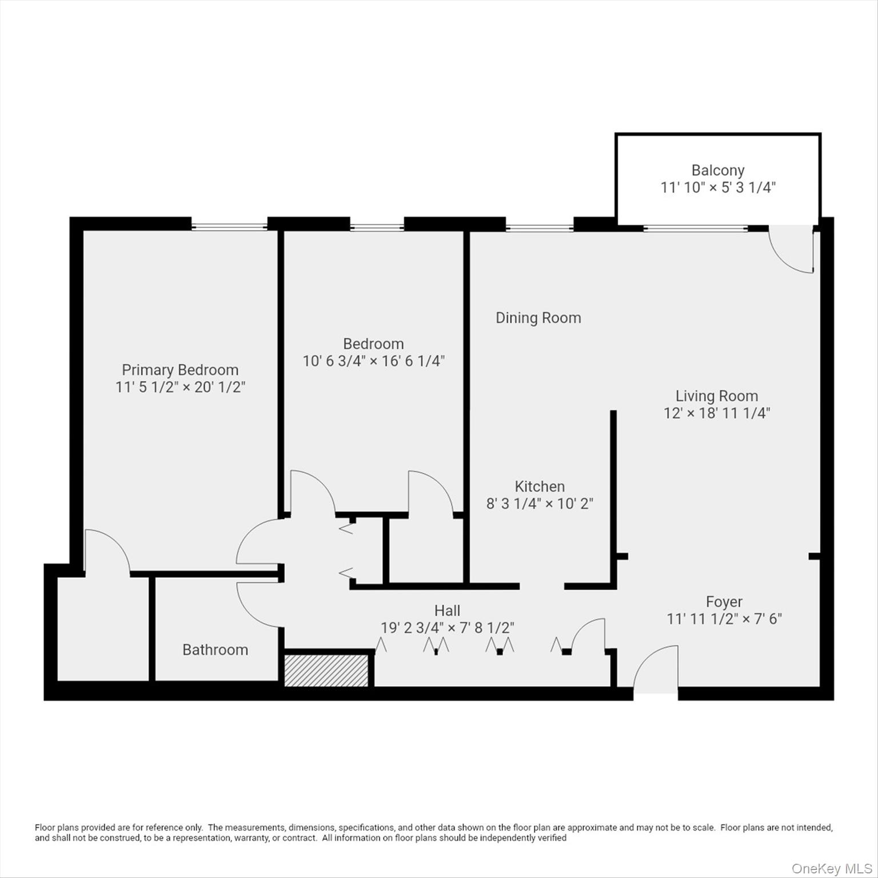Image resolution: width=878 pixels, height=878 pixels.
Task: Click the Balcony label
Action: [717, 170]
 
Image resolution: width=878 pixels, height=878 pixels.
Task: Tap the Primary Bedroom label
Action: [180, 370]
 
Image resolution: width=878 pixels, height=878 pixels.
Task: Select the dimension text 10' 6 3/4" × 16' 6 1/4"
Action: [373, 361]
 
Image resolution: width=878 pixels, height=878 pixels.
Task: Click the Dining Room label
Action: [538, 318]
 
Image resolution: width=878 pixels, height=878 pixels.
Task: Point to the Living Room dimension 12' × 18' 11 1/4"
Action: [717, 413]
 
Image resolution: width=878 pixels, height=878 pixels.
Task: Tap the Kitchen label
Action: [540, 486]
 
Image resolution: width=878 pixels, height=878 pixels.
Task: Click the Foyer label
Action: [724, 602]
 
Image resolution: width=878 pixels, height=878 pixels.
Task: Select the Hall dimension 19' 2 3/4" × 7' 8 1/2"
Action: [447, 628]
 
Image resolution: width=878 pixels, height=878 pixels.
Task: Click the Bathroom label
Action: [215, 650]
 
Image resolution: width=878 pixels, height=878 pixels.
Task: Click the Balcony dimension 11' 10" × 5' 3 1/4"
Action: [717, 187]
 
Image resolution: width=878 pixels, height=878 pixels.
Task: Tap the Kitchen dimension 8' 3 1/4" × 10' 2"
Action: [540, 504]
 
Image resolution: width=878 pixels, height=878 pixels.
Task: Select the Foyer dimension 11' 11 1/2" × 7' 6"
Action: [724, 619]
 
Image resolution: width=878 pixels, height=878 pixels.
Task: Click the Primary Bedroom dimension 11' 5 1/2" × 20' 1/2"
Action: [180, 388]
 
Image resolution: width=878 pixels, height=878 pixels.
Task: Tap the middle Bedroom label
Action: [373, 344]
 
